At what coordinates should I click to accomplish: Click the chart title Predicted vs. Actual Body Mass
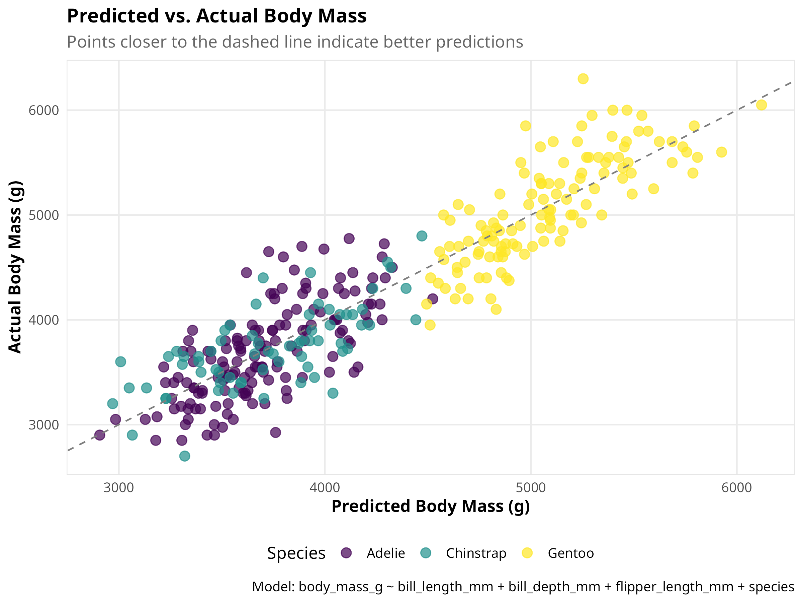coord(217,16)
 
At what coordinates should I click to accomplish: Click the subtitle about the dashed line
coord(295,42)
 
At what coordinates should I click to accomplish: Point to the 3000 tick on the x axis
coord(119,488)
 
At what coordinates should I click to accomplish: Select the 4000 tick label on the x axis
coord(325,488)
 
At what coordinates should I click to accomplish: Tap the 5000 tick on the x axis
coord(531,488)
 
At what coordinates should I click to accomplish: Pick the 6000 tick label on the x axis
coord(736,488)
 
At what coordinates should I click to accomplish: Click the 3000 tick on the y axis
coord(43,425)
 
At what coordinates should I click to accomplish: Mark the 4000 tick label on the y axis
coord(43,320)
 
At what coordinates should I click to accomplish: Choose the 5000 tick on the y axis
coord(43,215)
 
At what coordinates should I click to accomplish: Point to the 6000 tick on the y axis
coord(43,111)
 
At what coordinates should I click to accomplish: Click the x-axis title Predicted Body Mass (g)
coord(431,506)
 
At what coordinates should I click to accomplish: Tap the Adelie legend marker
coord(347,553)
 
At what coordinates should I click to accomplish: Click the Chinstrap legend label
coord(476,553)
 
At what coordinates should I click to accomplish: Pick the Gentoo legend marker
coord(527,553)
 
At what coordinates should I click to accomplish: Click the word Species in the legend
coord(296,553)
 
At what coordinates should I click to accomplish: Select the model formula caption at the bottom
coord(523,587)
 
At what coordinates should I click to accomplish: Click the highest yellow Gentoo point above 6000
coord(583,79)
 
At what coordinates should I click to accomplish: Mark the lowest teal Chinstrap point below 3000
coord(185,456)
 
